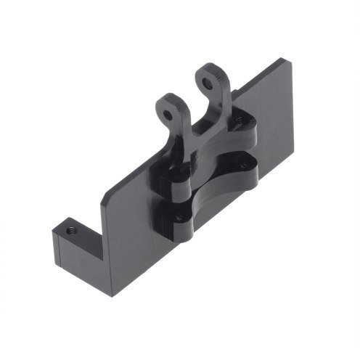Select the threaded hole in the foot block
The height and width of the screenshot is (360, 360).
72,231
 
